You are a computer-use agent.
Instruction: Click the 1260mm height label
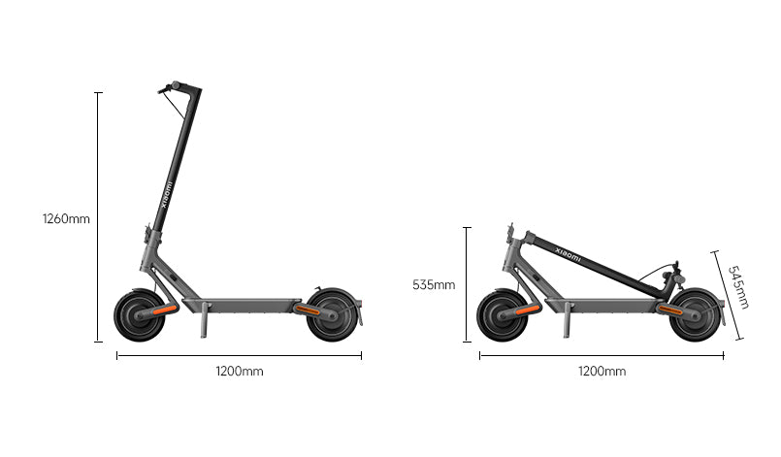click(66, 218)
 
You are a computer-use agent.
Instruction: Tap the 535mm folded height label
click(434, 285)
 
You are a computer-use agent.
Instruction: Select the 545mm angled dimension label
click(739, 287)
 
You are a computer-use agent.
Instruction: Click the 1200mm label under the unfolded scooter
click(240, 372)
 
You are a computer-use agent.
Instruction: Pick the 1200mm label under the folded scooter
click(602, 372)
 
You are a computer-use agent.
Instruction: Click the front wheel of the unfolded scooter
click(140, 315)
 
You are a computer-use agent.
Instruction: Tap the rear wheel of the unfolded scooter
click(332, 315)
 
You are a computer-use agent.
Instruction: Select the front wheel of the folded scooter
click(503, 315)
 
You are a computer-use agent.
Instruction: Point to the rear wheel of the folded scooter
click(696, 315)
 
